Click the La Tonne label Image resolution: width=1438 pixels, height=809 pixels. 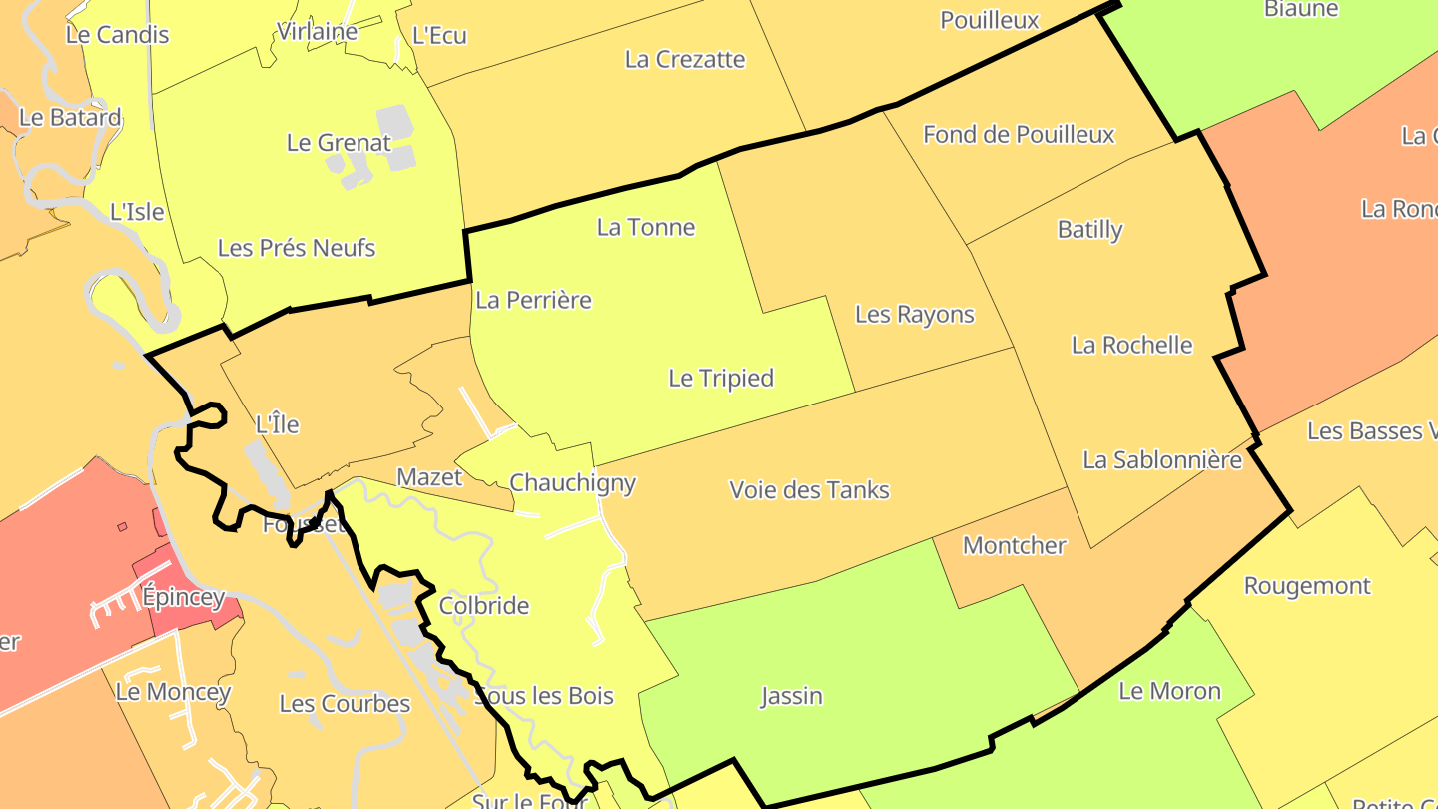[x=645, y=227]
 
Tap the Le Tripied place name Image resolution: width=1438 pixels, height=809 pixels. [x=721, y=378]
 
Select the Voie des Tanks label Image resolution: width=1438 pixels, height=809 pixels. [x=809, y=490]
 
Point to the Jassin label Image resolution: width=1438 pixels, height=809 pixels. [x=791, y=695]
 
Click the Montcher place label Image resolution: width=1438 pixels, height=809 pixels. [x=1014, y=545]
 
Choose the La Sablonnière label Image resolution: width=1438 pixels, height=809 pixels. [x=1162, y=460]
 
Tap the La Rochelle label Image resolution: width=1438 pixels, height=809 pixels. [x=1131, y=345]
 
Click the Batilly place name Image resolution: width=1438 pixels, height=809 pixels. [x=1089, y=229]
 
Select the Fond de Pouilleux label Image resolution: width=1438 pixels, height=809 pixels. [x=1019, y=134]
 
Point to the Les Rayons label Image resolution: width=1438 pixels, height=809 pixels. [x=914, y=314]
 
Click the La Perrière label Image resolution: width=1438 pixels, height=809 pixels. [x=533, y=300]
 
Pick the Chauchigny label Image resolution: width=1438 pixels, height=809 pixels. [x=572, y=483]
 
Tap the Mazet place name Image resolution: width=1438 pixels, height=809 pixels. [x=429, y=477]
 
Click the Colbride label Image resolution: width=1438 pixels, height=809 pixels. [x=484, y=606]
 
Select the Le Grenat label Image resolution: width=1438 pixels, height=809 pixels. [x=339, y=142]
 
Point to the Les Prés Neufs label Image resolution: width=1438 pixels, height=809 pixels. [x=296, y=247]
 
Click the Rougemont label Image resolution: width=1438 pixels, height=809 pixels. [x=1307, y=586]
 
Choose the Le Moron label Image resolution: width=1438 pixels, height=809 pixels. [x=1169, y=691]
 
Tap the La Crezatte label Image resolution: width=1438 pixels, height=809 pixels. [x=684, y=59]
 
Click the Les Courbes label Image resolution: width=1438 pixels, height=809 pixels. [x=345, y=704]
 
